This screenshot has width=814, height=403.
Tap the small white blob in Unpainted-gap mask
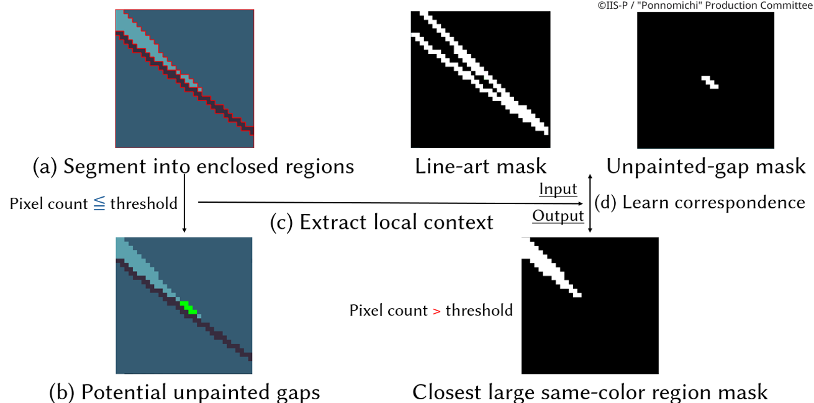710,82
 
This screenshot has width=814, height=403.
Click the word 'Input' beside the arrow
558,188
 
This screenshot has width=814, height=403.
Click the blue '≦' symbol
99,203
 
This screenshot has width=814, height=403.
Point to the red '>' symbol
436,310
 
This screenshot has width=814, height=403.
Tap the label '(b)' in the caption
63,392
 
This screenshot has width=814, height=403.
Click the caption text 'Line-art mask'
481,166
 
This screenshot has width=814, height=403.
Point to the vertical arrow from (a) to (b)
184,205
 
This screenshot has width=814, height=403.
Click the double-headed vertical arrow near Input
590,203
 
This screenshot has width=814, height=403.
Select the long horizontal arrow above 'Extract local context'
385,203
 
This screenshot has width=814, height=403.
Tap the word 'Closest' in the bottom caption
446,392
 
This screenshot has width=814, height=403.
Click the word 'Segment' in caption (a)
102,166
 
